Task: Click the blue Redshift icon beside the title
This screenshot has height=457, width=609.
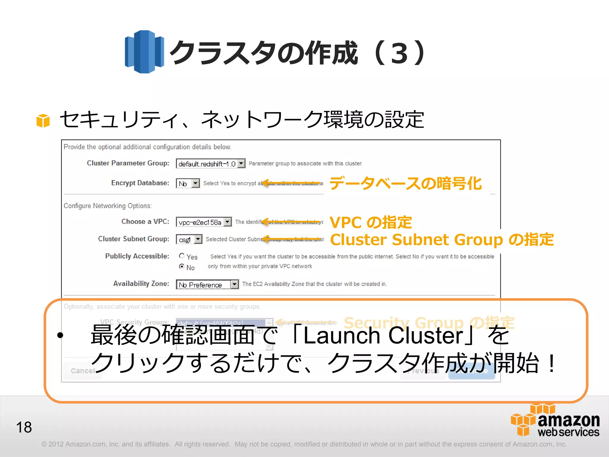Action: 144,52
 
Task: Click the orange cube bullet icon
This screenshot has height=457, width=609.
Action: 43,120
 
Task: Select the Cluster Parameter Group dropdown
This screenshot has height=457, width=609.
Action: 211,164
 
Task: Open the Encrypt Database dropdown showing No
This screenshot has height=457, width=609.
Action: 188,183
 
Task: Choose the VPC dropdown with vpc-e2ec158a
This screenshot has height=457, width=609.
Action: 204,222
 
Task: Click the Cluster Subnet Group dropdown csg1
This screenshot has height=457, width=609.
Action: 189,240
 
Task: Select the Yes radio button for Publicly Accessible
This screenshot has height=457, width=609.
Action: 182,256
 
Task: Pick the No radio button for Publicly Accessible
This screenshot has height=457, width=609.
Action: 182,267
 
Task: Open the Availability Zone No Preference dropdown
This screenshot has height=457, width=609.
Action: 207,285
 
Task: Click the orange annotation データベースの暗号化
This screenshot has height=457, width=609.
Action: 406,183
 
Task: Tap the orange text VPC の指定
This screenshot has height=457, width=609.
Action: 371,222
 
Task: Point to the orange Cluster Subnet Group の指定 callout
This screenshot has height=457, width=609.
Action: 442,240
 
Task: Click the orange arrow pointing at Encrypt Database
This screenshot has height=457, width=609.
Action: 291,183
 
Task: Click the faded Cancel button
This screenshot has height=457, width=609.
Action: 83,371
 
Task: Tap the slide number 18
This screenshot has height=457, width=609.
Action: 24,427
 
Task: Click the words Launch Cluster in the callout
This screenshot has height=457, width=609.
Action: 383,336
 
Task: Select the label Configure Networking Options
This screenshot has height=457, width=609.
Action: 108,206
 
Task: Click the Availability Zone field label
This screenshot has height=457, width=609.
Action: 141,284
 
